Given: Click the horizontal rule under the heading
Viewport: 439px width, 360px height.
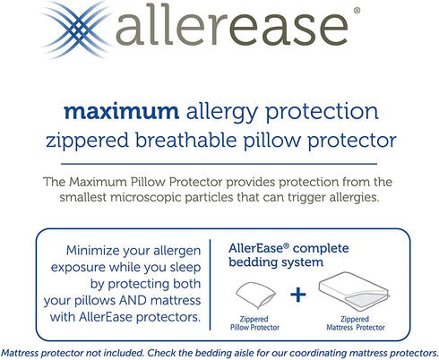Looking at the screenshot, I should pyautogui.click(x=219, y=162).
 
